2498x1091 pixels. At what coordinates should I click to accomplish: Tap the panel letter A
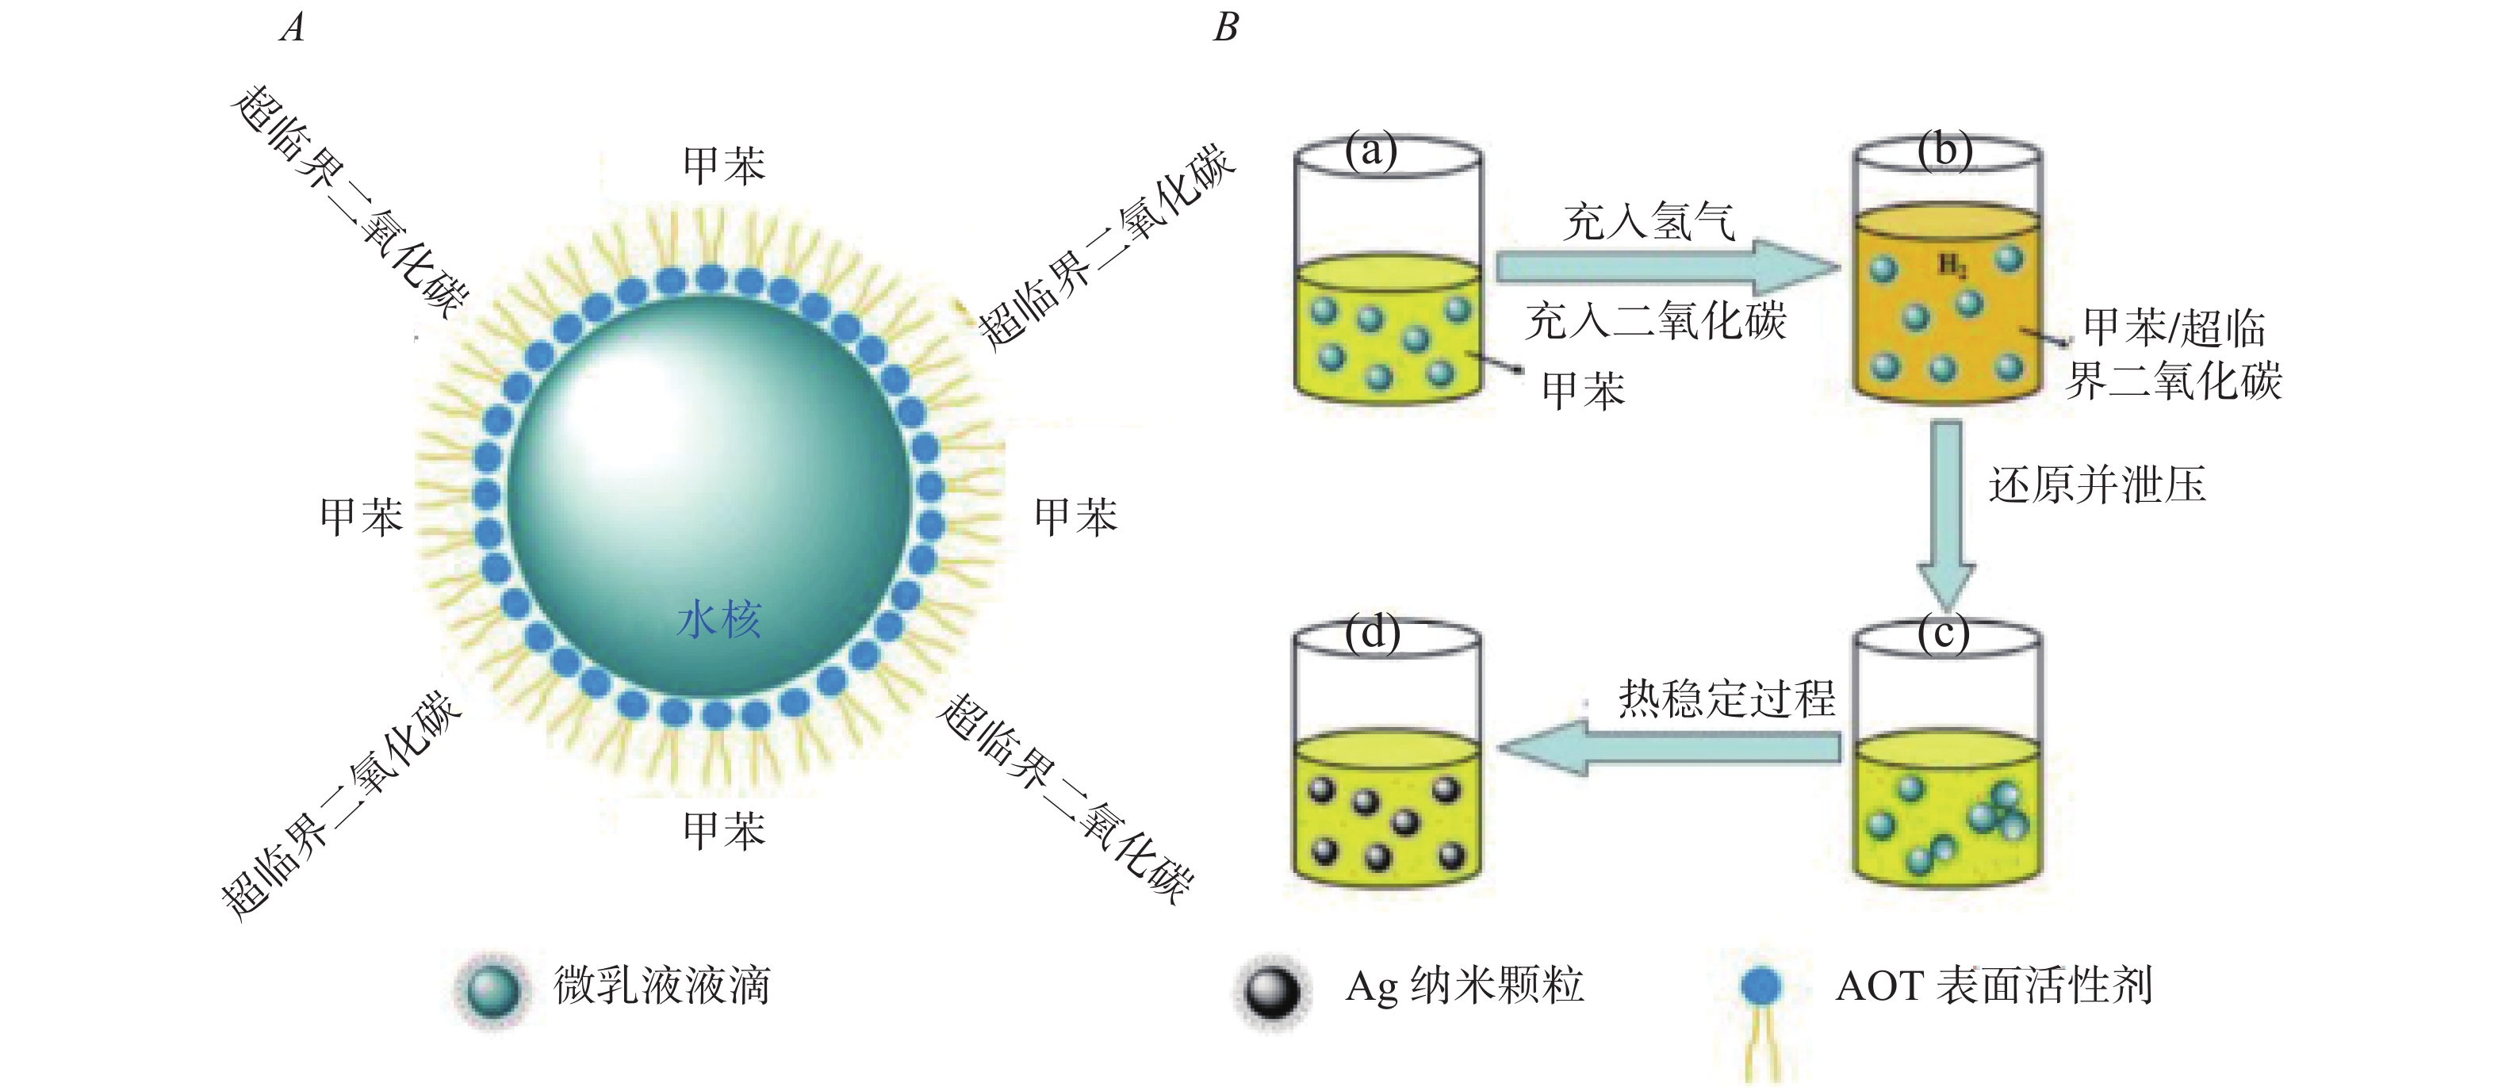pyautogui.click(x=293, y=27)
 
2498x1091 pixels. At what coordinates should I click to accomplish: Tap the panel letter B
pyautogui.click(x=1226, y=27)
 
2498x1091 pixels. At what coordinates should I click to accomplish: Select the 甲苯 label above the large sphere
pyautogui.click(x=723, y=166)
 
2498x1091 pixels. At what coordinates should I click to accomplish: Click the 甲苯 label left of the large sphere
pyautogui.click(x=361, y=516)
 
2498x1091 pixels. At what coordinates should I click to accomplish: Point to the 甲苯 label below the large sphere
pyautogui.click(x=723, y=831)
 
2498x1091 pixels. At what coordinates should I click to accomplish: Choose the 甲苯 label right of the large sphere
pyautogui.click(x=1075, y=516)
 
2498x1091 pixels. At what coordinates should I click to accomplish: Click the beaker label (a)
pyautogui.click(x=1370, y=151)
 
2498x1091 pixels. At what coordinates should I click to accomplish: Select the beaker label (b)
pyautogui.click(x=1944, y=151)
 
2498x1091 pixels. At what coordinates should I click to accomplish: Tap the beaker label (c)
pyautogui.click(x=1944, y=634)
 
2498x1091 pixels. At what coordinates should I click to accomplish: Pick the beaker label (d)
pyautogui.click(x=1372, y=634)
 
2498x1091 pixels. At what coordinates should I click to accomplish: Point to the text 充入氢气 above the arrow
pyautogui.click(x=1649, y=222)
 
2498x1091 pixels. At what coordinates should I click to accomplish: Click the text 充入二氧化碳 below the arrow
pyautogui.click(x=1655, y=321)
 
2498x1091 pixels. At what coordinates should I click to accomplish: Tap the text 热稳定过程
pyautogui.click(x=1726, y=699)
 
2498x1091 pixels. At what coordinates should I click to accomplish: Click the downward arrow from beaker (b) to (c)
pyautogui.click(x=1945, y=514)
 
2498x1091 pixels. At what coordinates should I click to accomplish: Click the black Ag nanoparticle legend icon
pyautogui.click(x=1271, y=990)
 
